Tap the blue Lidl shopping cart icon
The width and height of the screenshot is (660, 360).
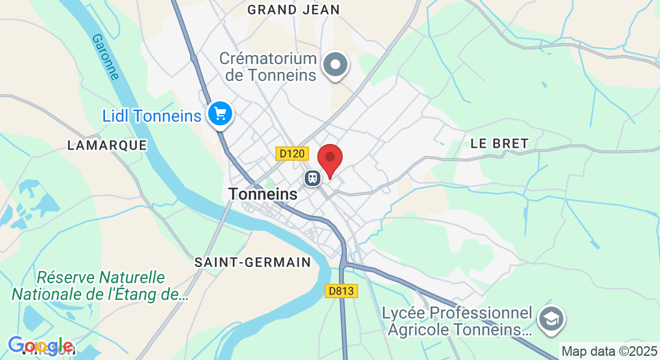click(x=220, y=113)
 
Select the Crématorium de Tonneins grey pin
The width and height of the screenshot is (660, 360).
click(x=335, y=64)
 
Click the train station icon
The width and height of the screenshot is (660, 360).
click(x=312, y=178)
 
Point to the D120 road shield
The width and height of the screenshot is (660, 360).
click(x=292, y=154)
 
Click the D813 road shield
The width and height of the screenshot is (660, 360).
click(x=342, y=291)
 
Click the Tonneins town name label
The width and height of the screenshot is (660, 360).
click(x=263, y=194)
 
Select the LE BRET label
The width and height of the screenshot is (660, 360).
click(x=499, y=143)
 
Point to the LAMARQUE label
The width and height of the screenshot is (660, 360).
click(x=107, y=145)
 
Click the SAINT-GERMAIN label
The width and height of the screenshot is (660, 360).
click(x=253, y=262)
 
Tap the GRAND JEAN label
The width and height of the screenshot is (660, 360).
click(x=293, y=10)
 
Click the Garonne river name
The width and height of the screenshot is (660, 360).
click(x=106, y=56)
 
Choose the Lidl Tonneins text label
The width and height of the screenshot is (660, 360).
click(x=152, y=116)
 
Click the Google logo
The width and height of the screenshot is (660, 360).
click(x=41, y=346)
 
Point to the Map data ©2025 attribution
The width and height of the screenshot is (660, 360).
click(x=609, y=351)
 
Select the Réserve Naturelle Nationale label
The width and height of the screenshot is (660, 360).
click(x=100, y=286)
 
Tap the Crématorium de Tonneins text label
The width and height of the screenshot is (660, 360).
click(x=268, y=67)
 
